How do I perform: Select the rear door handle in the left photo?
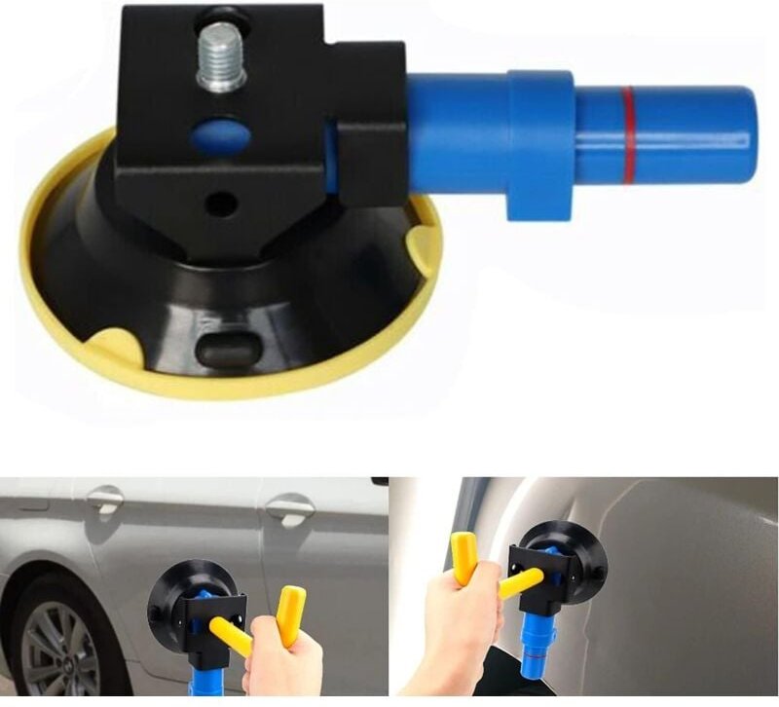coord(289,506)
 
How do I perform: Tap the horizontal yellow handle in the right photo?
coord(521,582)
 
